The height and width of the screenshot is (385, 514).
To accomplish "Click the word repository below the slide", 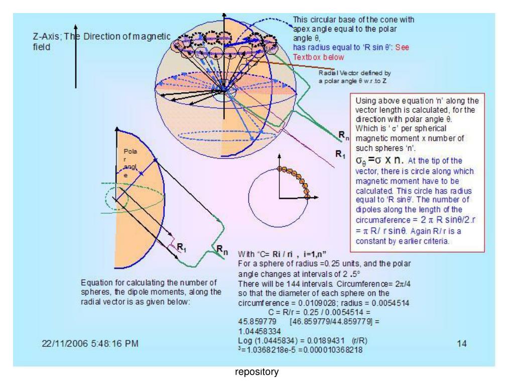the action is (x=256, y=373).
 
